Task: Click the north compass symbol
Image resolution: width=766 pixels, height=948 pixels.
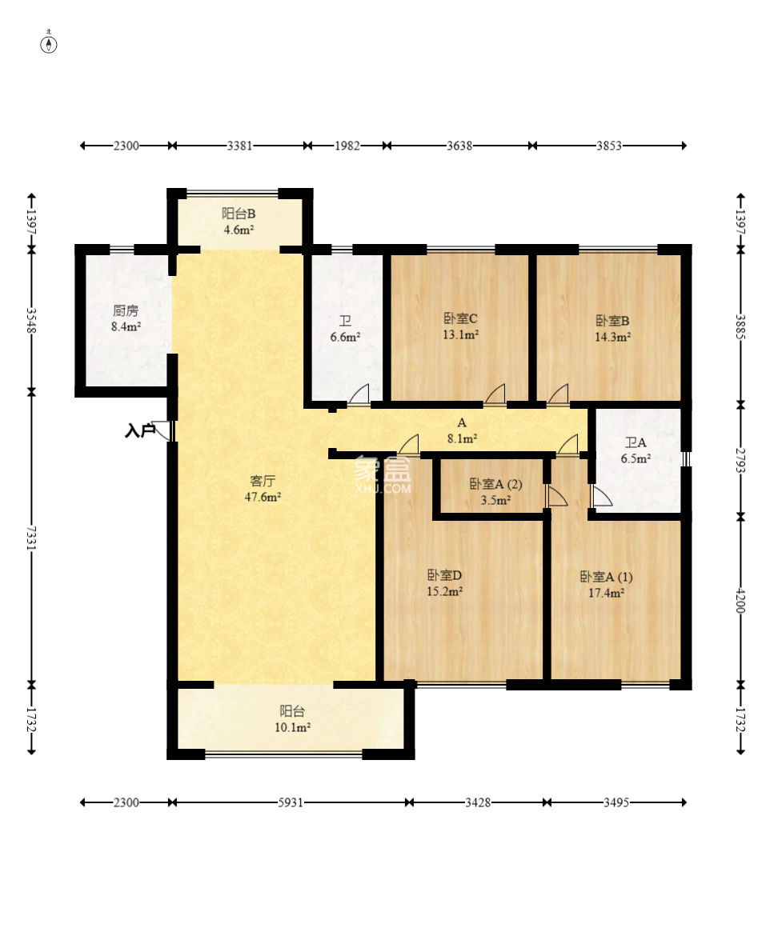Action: (x=49, y=43)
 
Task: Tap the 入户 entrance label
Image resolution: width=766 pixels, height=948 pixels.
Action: (x=140, y=430)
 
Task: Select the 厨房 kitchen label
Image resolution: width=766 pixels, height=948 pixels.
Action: (x=126, y=310)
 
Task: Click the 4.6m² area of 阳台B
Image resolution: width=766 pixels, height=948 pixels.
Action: (x=239, y=230)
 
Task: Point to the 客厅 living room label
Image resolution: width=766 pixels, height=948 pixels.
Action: (x=263, y=481)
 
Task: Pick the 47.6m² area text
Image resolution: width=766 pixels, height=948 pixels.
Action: (x=263, y=497)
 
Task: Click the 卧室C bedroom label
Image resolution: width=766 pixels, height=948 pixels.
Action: (x=461, y=318)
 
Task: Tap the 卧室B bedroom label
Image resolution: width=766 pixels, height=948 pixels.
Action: (x=612, y=321)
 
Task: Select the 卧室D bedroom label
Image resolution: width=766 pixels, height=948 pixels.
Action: (x=445, y=575)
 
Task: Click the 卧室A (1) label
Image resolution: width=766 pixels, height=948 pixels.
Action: (x=606, y=577)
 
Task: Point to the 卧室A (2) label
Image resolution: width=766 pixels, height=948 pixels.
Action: (x=495, y=484)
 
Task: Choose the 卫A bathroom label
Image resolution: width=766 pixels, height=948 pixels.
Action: (x=636, y=442)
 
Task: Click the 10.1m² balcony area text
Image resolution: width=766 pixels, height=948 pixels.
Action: (x=293, y=727)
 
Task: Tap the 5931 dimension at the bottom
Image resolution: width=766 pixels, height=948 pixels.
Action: (x=291, y=802)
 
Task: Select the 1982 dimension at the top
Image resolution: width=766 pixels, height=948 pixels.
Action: (x=347, y=146)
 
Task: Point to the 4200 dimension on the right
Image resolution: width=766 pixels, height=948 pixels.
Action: (x=740, y=600)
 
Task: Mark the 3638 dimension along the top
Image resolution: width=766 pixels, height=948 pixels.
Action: (x=459, y=146)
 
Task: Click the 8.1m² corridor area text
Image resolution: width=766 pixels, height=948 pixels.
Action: (x=463, y=439)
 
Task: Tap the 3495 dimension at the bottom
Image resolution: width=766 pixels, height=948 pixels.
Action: (x=616, y=802)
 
